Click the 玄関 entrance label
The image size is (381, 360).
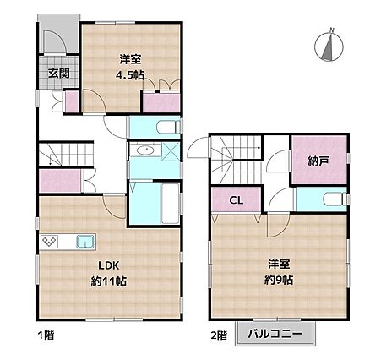(x=58, y=74)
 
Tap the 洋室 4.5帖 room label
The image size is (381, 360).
(x=130, y=67)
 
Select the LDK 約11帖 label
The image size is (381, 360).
(x=109, y=273)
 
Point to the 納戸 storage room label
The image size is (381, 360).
(x=318, y=161)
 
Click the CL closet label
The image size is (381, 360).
(x=236, y=200)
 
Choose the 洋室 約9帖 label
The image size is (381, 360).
(x=279, y=272)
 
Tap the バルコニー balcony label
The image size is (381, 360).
(x=275, y=334)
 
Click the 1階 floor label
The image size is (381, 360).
(x=46, y=335)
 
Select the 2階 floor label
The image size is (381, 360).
(x=219, y=335)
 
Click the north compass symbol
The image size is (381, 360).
(x=329, y=45)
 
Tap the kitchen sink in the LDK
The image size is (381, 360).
(x=85, y=242)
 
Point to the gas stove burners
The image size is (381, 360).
(x=50, y=242)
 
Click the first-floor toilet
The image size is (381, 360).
(x=168, y=127)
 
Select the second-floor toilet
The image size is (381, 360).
(x=335, y=199)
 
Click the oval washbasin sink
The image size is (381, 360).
(x=145, y=150)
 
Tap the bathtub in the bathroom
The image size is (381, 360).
(x=170, y=203)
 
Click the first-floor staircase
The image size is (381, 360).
(x=66, y=155)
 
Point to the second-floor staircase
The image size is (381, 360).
(x=237, y=160)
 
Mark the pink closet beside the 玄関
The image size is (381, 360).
(x=72, y=101)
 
